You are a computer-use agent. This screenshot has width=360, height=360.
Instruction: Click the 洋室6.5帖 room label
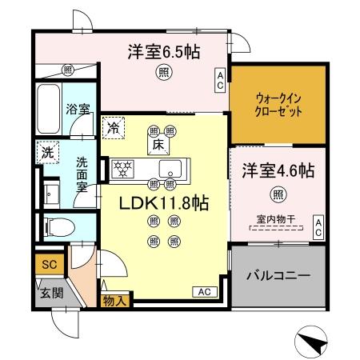click(163, 53)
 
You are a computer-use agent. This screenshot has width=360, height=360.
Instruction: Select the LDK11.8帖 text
click(164, 203)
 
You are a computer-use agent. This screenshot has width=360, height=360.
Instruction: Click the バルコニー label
click(278, 275)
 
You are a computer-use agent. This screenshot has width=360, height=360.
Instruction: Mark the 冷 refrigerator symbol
click(114, 126)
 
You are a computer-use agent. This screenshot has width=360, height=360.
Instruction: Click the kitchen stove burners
click(124, 169)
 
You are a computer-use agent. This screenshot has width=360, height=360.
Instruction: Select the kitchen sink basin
click(170, 169)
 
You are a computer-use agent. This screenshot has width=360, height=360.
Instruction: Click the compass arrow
click(311, 342)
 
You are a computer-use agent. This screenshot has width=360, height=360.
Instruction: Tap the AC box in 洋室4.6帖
click(318, 226)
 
